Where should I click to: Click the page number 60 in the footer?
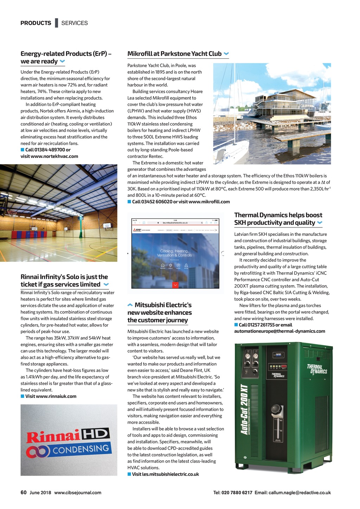[x=24, y=492]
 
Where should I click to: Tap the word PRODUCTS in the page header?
[x=36, y=23]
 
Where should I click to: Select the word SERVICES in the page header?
[x=75, y=23]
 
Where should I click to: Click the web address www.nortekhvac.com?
[x=54, y=156]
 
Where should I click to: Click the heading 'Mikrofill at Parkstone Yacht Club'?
[x=174, y=54]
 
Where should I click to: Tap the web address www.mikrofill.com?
[x=209, y=202]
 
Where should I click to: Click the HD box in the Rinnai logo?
[x=95, y=434]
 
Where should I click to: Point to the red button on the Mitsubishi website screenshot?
[x=175, y=285]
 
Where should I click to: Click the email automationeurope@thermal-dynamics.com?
[x=279, y=331]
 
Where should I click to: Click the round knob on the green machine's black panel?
[x=277, y=410]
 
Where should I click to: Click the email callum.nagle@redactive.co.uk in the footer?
[x=300, y=493]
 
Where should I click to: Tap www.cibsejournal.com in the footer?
[x=78, y=493]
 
